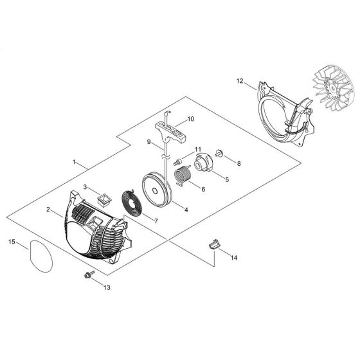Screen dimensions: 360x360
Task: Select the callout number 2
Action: pos(48,209)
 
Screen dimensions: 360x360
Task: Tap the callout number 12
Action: pos(240,82)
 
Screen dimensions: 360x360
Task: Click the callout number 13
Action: pos(107,287)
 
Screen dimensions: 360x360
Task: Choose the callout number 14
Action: pos(233,257)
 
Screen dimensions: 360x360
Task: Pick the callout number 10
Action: pos(190,120)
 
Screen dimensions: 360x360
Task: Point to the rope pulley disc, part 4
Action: pos(155,186)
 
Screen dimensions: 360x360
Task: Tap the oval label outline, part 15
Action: pos(39,256)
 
